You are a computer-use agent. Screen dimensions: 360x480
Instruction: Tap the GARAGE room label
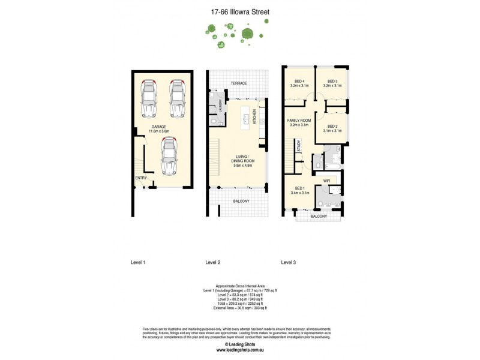[158, 127]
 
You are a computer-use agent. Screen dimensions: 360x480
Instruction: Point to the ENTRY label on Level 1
[141, 178]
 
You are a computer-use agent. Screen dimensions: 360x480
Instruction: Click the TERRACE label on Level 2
[239, 83]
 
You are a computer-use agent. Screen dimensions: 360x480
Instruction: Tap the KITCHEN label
[254, 116]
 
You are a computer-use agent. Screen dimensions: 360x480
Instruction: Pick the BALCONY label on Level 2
[241, 200]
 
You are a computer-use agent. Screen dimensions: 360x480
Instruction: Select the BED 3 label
[333, 82]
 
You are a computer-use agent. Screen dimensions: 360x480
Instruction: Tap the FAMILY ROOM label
[298, 121]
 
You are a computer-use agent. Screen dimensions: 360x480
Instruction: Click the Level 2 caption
[213, 262]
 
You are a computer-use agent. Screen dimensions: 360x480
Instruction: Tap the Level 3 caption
[289, 262]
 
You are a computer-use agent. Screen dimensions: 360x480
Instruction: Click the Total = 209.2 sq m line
[240, 303]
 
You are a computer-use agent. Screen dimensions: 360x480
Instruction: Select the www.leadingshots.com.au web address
[240, 350]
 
